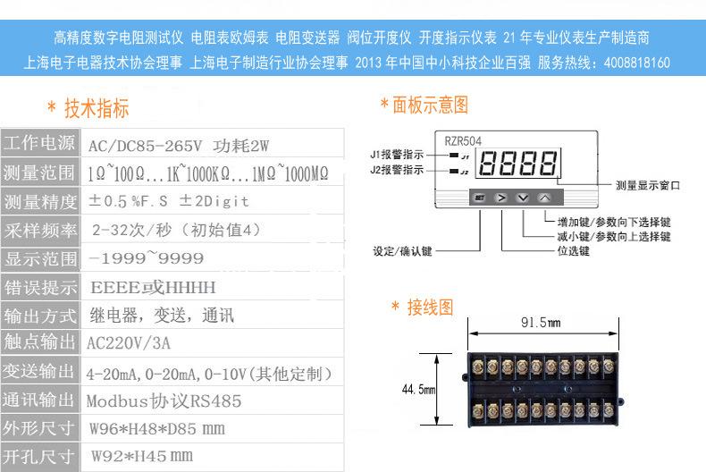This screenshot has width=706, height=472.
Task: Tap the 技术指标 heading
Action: [x=96, y=109]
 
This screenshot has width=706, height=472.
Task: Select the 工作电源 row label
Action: [x=39, y=144]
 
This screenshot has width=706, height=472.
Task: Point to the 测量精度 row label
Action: [x=39, y=201]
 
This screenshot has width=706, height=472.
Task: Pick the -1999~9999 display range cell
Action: [x=147, y=258]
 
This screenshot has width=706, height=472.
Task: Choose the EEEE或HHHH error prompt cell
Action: [x=153, y=287]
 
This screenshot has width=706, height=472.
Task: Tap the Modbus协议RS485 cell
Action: [x=164, y=400]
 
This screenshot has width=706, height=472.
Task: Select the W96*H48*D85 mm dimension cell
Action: [x=157, y=428]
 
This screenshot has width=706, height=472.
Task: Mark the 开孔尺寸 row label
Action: [x=39, y=457]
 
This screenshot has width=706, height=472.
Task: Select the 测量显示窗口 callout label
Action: [x=648, y=185]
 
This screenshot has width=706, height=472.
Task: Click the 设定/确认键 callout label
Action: [x=402, y=251]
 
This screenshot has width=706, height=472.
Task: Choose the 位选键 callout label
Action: [x=573, y=251]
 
